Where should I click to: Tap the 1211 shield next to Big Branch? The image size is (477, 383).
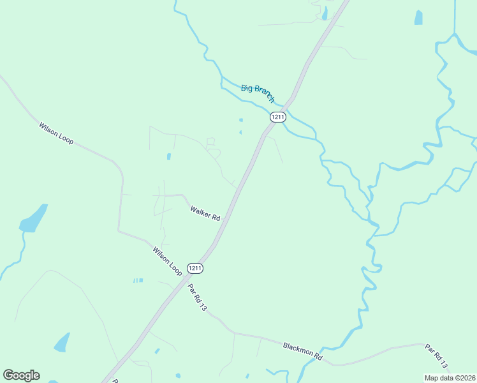(x=277, y=117)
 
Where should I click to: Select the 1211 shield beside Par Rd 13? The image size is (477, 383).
(x=195, y=268)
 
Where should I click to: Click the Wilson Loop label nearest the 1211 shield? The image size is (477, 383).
(x=167, y=261)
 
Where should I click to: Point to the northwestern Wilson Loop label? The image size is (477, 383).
(x=56, y=133)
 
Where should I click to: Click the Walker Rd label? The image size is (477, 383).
(x=205, y=213)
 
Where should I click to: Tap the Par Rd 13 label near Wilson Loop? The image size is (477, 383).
(x=198, y=297)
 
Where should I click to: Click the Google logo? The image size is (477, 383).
(x=21, y=375)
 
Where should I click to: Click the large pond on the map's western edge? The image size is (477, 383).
(x=33, y=218)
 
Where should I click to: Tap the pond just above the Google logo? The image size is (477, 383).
(x=62, y=342)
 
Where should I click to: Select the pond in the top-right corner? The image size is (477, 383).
(x=418, y=17)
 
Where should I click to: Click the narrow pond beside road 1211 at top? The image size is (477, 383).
(x=325, y=13)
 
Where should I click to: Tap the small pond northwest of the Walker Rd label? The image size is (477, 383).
(x=168, y=156)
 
